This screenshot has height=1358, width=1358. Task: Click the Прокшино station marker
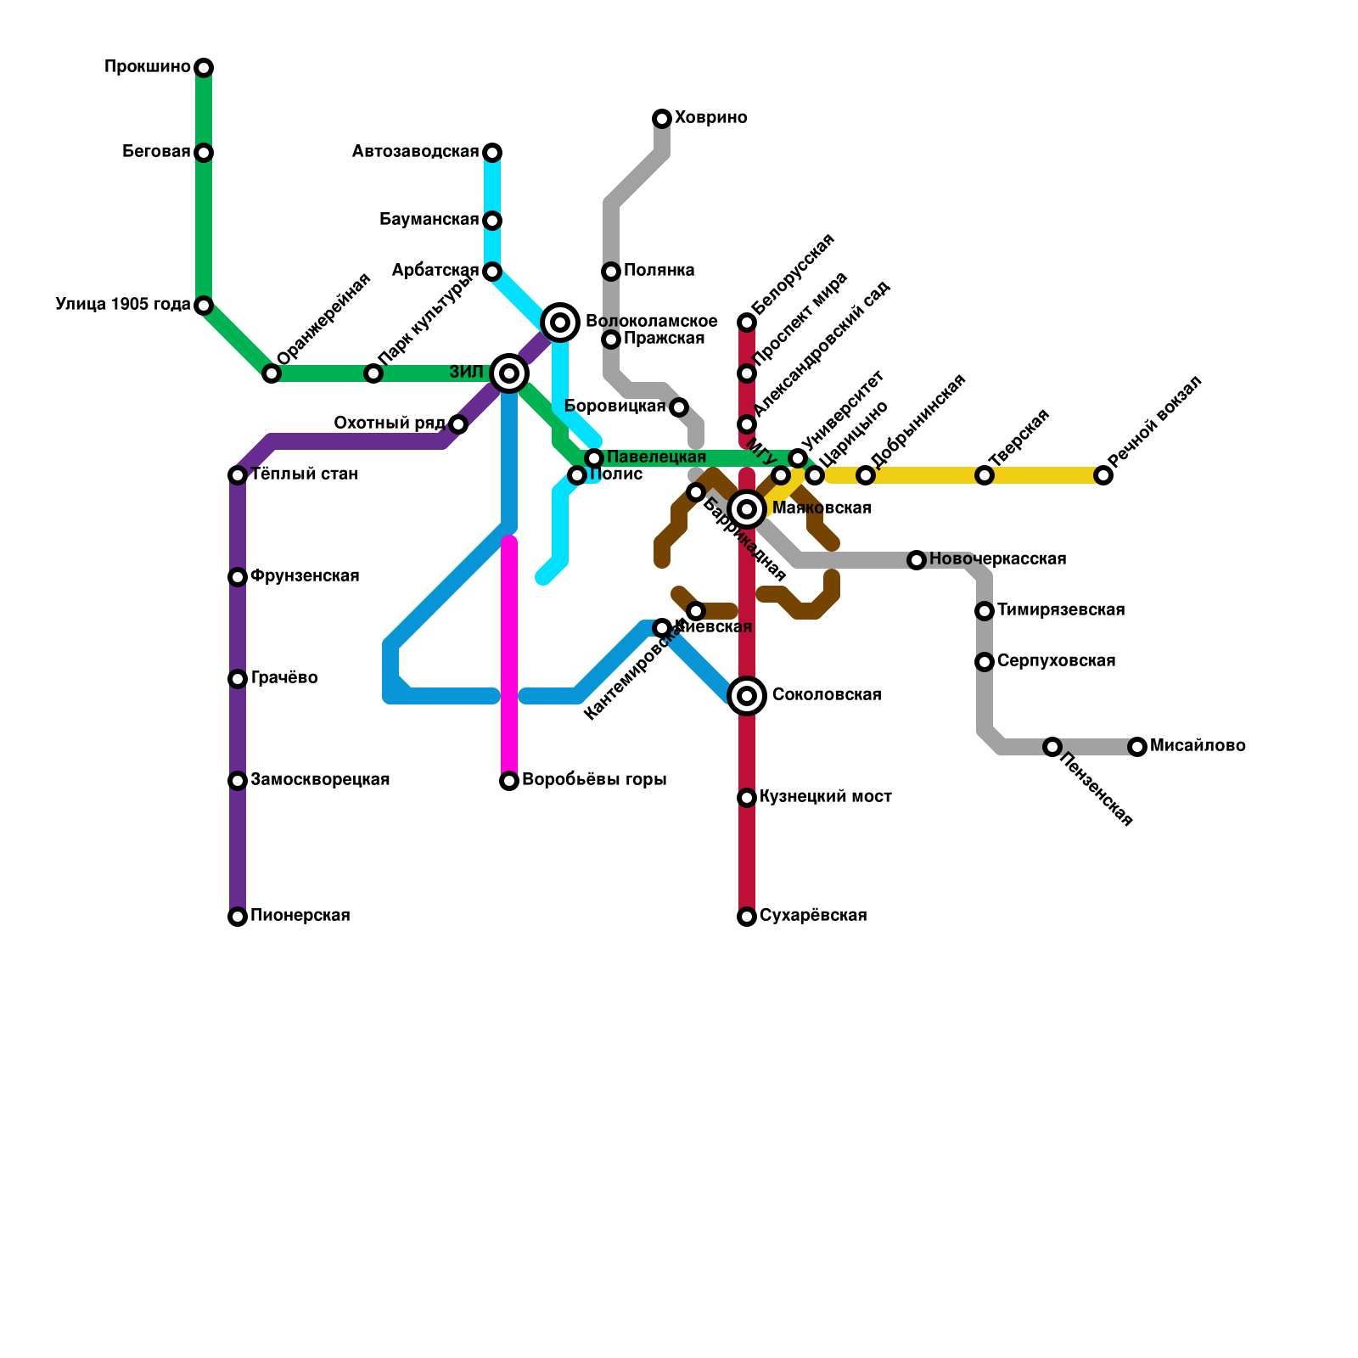tap(204, 68)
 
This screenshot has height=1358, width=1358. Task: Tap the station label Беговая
tap(156, 152)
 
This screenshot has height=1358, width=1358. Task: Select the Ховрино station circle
tap(662, 119)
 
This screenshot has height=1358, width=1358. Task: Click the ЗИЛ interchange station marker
tap(509, 373)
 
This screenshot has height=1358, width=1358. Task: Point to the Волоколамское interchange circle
tap(560, 323)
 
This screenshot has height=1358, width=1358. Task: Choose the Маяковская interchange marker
tap(747, 509)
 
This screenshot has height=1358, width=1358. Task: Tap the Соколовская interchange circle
tap(747, 696)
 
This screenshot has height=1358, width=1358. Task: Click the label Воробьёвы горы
tap(594, 780)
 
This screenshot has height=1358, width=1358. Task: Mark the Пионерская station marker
tap(238, 917)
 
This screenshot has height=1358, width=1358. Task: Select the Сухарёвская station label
tap(813, 916)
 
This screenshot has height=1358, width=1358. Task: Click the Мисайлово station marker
tap(1137, 747)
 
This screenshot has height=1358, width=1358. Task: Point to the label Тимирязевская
tap(1061, 610)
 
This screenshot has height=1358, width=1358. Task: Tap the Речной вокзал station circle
tap(1103, 475)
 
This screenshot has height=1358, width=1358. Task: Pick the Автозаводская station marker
tap(492, 153)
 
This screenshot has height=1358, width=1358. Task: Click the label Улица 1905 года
tap(123, 305)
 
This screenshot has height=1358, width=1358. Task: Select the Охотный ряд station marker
tap(458, 424)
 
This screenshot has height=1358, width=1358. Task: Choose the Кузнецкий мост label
tap(826, 797)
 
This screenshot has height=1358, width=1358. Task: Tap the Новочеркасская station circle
tap(917, 560)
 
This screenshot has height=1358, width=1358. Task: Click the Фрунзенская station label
tap(305, 576)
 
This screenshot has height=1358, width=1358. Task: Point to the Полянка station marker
tap(611, 272)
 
